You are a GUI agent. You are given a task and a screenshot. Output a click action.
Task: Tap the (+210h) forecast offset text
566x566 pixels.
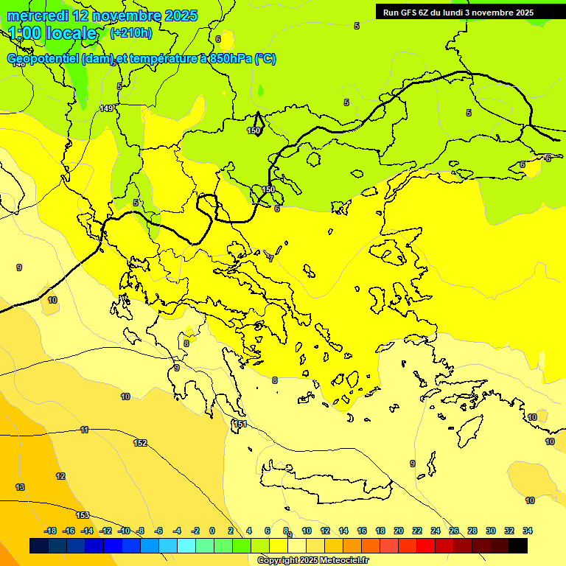(130, 32)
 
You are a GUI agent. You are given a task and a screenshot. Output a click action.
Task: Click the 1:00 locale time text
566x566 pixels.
(52, 33)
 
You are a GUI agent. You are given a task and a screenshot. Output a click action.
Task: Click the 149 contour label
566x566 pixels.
(106, 108)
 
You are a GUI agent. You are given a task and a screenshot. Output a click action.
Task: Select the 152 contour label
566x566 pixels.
(140, 443)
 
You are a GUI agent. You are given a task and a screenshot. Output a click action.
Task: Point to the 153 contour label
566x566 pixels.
(83, 515)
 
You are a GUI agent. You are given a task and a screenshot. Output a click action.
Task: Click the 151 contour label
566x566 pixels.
(240, 424)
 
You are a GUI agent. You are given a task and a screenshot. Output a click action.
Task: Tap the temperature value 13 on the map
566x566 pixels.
(20, 487)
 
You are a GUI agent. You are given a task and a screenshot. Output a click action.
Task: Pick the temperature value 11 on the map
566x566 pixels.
(85, 430)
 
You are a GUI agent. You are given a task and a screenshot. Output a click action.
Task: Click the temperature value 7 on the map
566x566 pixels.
(270, 259)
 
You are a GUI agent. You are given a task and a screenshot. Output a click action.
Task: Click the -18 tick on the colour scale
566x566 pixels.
(51, 531)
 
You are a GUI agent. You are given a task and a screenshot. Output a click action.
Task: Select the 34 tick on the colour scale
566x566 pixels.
(528, 531)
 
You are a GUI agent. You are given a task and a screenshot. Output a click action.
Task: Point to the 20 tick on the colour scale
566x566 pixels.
(398, 531)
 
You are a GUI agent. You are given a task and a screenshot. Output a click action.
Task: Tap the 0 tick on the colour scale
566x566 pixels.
(212, 531)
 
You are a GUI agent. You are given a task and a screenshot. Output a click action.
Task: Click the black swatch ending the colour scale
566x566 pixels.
(518, 545)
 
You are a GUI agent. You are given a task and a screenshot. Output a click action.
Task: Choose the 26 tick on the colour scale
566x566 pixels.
(454, 531)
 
